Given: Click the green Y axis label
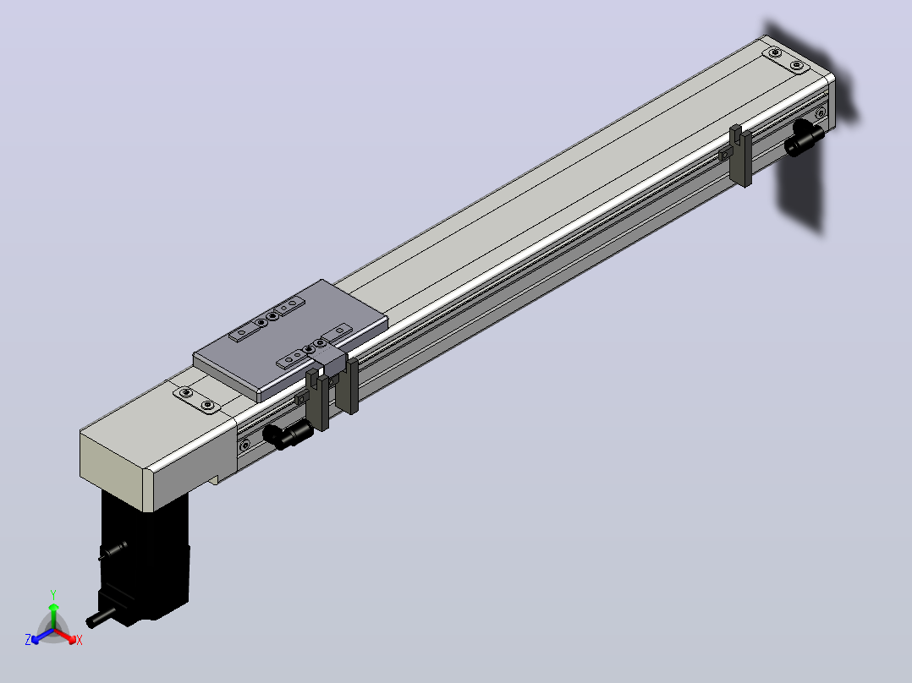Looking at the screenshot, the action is point(53,594).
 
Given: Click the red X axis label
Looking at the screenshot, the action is point(80,640).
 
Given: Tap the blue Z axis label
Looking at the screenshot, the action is point(27,640).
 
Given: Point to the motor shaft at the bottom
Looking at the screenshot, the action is point(100,617).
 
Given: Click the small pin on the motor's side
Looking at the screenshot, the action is point(113,550).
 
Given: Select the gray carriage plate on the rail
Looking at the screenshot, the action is point(290,338).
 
